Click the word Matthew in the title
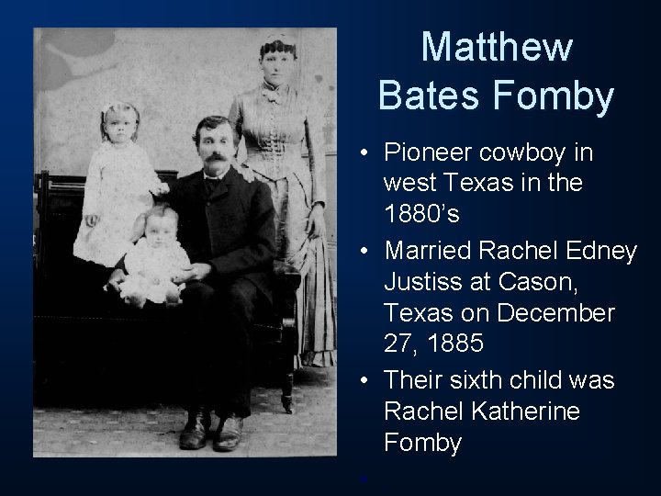(x=497, y=49)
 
